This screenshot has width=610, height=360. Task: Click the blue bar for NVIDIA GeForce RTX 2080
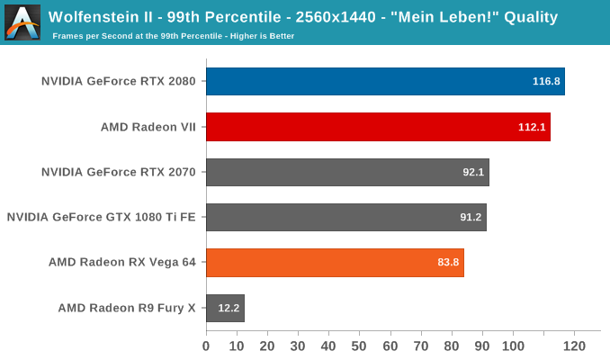tap(385, 81)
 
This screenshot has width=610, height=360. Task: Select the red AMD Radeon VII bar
tap(378, 127)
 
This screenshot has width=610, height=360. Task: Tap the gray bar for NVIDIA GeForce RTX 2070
tap(347, 172)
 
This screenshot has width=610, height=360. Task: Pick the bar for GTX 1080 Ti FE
tap(345, 217)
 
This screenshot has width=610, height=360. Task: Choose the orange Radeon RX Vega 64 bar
tap(335, 263)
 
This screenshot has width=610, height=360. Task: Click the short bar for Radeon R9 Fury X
tap(225, 308)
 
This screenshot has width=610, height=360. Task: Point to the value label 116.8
tap(546, 81)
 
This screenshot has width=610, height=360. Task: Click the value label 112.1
tap(532, 127)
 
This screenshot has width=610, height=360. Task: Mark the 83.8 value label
tap(448, 263)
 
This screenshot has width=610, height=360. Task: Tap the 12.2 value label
tap(229, 308)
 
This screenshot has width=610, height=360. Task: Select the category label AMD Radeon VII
tap(148, 127)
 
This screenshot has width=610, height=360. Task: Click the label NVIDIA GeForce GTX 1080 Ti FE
tap(101, 217)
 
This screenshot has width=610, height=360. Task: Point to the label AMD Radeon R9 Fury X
tap(127, 308)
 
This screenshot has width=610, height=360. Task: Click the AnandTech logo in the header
tap(22, 22)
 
